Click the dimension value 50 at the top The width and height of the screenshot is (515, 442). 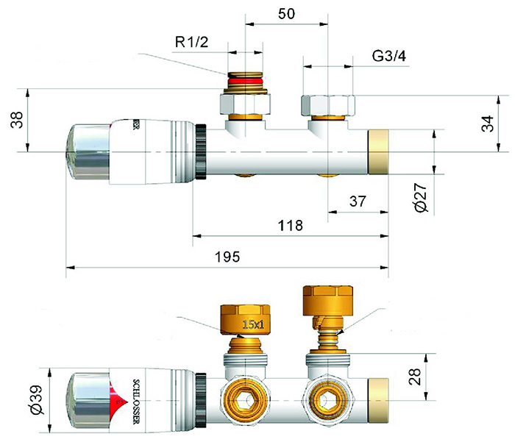(286, 14)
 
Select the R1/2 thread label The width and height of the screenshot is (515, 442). (191, 42)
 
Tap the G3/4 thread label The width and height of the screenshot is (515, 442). (389, 56)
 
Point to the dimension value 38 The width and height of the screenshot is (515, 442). (17, 120)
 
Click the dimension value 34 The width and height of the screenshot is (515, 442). (488, 124)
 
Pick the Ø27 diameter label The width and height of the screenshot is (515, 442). (421, 197)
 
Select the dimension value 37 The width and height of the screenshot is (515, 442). (358, 202)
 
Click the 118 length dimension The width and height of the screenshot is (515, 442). (291, 226)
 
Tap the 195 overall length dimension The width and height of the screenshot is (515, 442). (227, 257)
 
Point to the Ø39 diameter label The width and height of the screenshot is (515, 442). (35, 399)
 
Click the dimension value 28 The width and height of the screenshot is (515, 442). (414, 377)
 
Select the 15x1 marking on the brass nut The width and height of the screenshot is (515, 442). (253, 324)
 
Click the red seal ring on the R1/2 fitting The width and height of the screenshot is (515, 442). (245, 81)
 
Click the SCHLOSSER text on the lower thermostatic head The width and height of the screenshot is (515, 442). (136, 402)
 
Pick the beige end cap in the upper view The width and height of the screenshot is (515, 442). (378, 152)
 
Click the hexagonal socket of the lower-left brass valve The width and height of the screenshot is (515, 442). (245, 401)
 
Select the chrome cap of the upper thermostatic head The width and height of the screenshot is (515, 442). (88, 152)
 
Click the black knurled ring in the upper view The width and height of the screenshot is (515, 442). (201, 152)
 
